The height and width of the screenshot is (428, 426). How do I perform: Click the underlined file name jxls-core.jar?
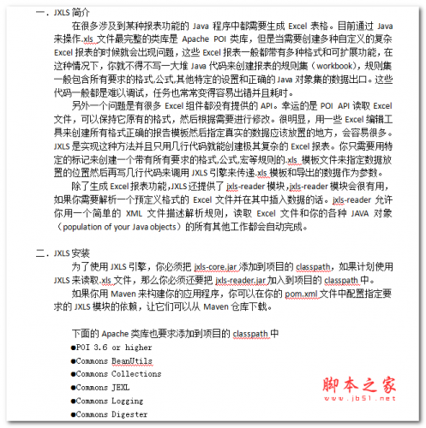coord(218,266)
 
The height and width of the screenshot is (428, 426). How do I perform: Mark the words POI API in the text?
coord(334,105)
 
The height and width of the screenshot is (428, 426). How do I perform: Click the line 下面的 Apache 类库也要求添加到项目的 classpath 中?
coord(176,333)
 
